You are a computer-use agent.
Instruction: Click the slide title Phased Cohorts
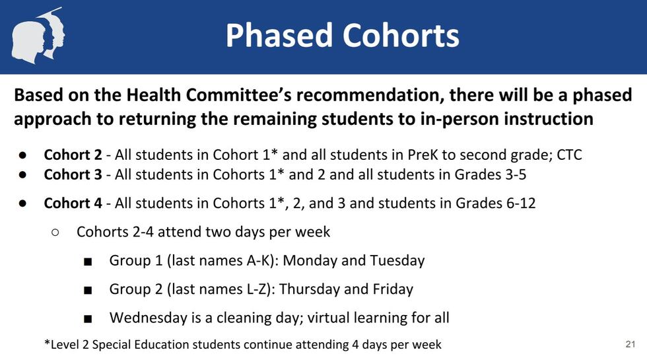click(x=342, y=35)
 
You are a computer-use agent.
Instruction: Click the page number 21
click(x=630, y=344)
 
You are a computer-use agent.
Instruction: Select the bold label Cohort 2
click(x=73, y=155)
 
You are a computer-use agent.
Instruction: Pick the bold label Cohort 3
click(x=73, y=175)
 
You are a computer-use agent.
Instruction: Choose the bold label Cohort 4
click(x=73, y=203)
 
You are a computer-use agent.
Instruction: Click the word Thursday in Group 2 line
click(x=312, y=289)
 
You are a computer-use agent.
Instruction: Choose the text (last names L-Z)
click(x=222, y=289)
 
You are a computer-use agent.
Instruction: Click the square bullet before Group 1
click(x=88, y=262)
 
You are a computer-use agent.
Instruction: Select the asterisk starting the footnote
click(x=47, y=343)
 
